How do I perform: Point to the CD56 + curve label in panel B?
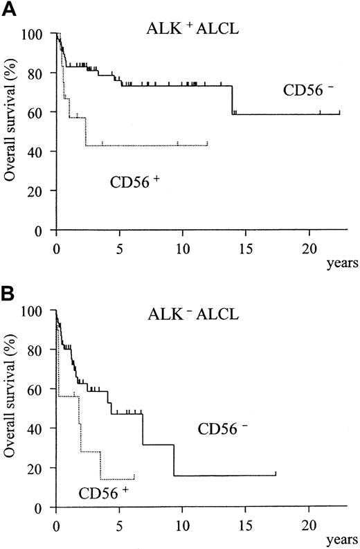click(102, 493)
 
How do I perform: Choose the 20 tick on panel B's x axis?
click(309, 522)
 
